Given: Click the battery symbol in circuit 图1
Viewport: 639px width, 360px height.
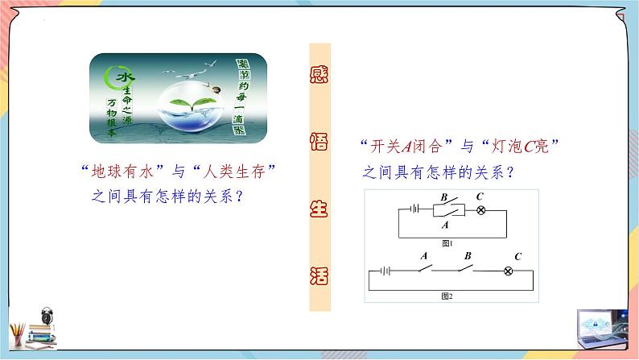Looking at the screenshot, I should point(415,209).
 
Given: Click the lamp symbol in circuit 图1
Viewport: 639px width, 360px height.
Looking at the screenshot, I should point(481,209).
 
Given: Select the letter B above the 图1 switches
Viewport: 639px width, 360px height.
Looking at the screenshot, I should point(443,197).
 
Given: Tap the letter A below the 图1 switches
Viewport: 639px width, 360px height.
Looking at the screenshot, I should point(444,226).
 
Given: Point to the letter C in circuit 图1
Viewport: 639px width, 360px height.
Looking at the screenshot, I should point(480,196).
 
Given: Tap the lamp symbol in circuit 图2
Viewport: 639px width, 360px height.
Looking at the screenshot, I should point(509,271).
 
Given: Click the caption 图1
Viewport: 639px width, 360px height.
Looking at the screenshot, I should point(447,243).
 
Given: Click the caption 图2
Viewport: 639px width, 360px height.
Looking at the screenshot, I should point(447,296).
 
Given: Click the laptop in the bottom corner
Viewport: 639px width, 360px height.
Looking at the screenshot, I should point(601,331).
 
